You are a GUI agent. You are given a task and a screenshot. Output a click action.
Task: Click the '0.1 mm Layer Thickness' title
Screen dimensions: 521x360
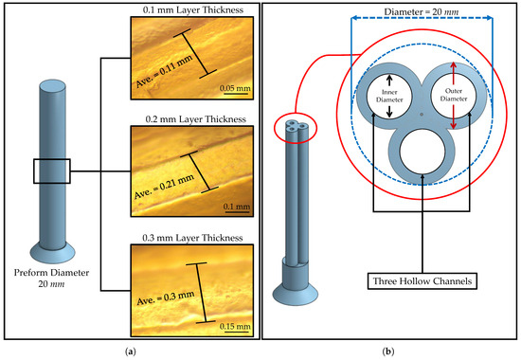(193, 10)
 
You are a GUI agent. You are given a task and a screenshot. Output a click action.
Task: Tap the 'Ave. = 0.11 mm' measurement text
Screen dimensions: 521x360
(165, 71)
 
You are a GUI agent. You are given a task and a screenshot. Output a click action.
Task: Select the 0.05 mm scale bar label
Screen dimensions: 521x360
(235, 88)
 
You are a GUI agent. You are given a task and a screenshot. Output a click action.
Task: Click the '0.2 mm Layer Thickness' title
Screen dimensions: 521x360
(196, 119)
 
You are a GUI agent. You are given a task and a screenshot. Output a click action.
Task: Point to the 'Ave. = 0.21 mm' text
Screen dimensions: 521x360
(164, 187)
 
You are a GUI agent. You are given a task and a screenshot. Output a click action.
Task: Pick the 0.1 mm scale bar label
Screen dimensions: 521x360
(237, 207)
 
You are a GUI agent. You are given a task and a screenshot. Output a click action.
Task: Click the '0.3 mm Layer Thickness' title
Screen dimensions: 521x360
(192, 238)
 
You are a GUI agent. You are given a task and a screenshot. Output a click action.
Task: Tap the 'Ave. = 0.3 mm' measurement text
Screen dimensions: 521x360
(166, 297)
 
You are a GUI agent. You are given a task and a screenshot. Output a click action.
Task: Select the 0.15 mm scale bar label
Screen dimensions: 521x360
(235, 326)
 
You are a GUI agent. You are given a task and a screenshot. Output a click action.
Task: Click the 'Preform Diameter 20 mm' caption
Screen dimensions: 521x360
(51, 279)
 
